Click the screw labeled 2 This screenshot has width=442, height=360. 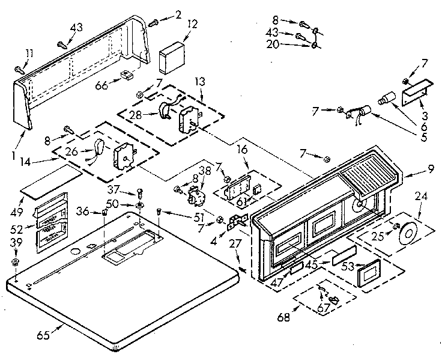point(153,22)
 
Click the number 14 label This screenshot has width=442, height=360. point(41,161)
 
